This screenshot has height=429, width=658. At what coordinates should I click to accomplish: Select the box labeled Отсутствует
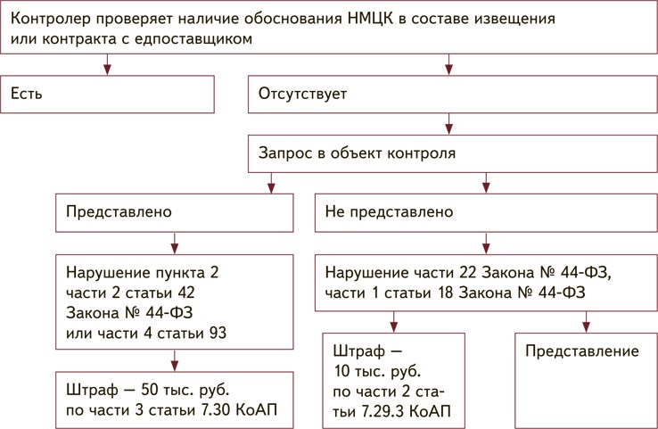[x=452, y=94]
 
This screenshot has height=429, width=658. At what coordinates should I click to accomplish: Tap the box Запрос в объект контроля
[x=452, y=153]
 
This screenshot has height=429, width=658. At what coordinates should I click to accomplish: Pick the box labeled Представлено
[x=174, y=213]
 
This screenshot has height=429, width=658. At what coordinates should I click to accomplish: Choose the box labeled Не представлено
[x=487, y=213]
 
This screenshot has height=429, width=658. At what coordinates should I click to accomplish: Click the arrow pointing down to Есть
[x=108, y=63]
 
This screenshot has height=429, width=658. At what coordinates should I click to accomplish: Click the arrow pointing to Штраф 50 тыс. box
[x=174, y=362]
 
